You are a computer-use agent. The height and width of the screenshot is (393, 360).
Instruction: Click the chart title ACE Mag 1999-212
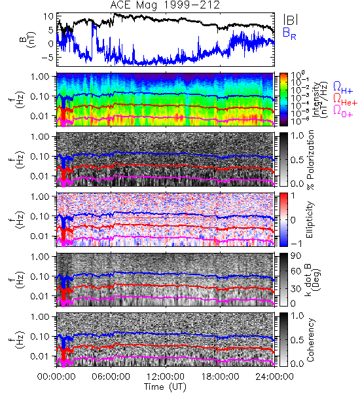click(166, 5)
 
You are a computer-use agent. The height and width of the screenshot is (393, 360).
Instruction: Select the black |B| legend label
click(291, 20)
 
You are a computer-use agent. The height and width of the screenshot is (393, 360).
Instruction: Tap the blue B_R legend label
click(289, 33)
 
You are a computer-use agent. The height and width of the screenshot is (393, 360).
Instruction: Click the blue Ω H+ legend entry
click(343, 87)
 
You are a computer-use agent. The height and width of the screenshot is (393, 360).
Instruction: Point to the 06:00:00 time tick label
click(111, 377)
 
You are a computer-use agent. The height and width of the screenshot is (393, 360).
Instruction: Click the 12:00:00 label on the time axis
click(166, 377)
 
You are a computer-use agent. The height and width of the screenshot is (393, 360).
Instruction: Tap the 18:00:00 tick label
click(220, 377)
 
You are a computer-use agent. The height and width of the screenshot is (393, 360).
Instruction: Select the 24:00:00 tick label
click(274, 377)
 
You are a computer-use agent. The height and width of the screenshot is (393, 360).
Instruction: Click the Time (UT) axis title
click(166, 386)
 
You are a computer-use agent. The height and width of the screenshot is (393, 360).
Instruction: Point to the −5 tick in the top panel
click(47, 57)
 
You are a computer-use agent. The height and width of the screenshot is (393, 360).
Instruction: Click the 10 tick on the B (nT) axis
click(48, 16)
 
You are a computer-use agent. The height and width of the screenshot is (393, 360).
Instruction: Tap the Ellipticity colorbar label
click(310, 219)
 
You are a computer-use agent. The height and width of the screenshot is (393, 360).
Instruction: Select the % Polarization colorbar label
click(310, 160)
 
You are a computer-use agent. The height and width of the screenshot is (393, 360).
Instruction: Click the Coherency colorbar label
click(310, 340)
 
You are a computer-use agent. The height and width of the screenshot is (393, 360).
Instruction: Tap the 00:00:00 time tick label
click(56, 377)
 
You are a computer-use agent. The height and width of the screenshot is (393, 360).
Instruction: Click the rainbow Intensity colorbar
click(283, 100)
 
